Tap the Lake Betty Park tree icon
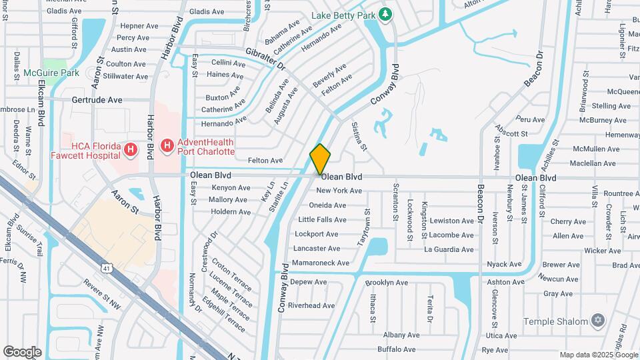(385, 14)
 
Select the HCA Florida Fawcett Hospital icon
(131, 151)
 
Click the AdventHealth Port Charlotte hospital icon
(167, 145)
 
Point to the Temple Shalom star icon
(598, 321)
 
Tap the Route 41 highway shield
(107, 268)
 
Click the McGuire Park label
(51, 73)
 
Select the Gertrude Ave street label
(97, 100)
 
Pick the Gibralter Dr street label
(265, 59)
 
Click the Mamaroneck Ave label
(321, 263)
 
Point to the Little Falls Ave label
(322, 220)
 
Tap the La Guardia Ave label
(449, 250)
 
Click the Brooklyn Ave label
(387, 283)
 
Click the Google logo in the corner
(22, 352)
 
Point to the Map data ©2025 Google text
(597, 355)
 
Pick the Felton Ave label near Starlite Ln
(265, 161)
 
